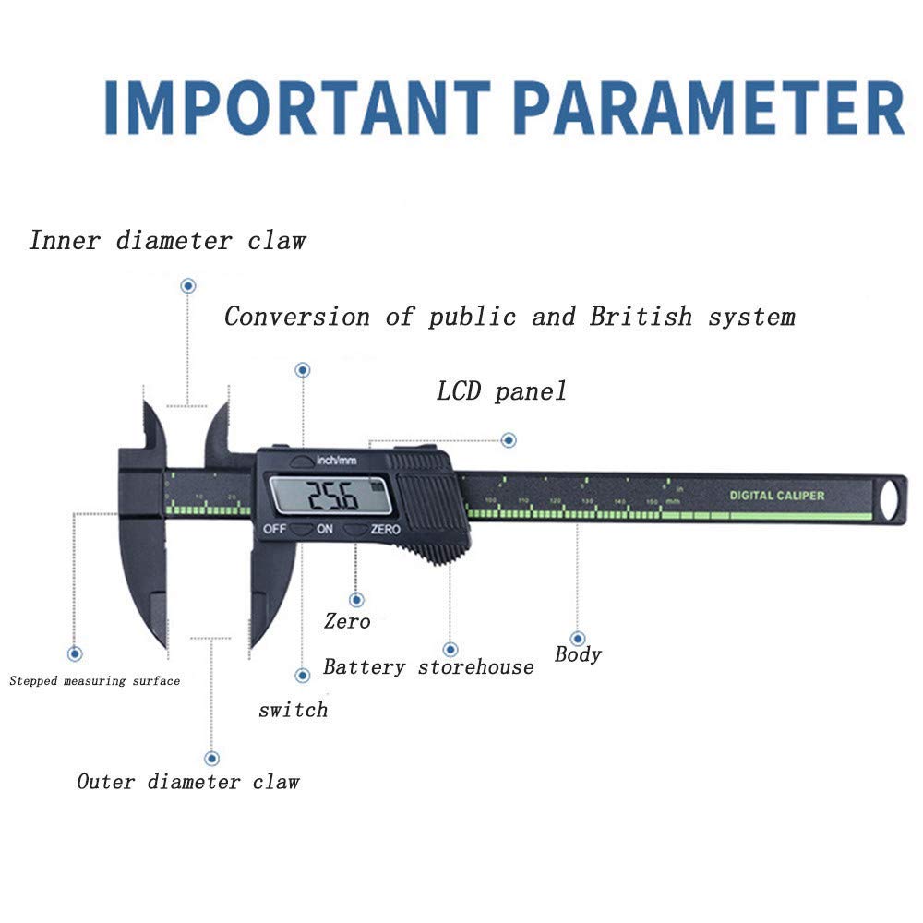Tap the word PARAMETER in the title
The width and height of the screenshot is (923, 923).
[708, 109]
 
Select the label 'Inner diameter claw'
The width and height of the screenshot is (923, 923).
[167, 242]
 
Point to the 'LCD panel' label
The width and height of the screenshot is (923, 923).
[501, 391]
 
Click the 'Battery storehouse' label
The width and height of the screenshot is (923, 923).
[428, 666]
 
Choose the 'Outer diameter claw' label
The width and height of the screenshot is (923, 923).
[188, 782]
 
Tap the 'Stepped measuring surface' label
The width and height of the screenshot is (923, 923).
[95, 681]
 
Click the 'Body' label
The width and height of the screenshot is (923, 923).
[578, 654]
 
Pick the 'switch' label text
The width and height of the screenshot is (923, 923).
[293, 710]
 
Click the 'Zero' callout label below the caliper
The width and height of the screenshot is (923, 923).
[347, 621]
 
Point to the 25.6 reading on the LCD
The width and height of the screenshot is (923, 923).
[332, 498]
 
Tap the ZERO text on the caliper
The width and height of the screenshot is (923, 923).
[385, 530]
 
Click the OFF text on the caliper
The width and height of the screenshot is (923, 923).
[274, 530]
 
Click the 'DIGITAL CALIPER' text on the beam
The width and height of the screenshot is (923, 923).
[777, 496]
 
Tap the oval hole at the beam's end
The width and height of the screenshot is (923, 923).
[890, 501]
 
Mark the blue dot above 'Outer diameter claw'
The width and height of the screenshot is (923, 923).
[212, 758]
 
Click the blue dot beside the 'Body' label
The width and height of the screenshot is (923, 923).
[578, 638]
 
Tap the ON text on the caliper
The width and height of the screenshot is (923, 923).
[325, 530]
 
